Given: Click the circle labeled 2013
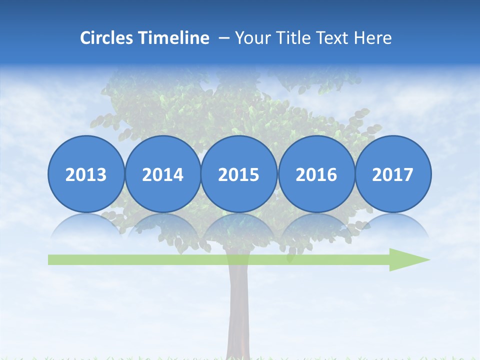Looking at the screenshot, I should [x=86, y=174].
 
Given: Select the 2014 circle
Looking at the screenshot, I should [x=162, y=174].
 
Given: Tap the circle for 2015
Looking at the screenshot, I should [x=239, y=174].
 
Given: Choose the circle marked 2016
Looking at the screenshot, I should [x=316, y=174].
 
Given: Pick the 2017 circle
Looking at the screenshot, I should [x=392, y=174].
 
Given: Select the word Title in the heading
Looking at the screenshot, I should [x=289, y=38].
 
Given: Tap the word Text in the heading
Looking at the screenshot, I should [x=332, y=38].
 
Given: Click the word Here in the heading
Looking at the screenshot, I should [x=372, y=38].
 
